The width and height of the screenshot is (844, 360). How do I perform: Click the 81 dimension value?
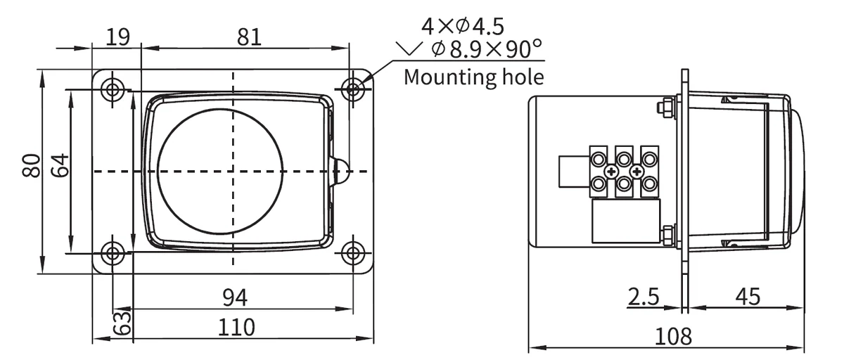pos(249,37)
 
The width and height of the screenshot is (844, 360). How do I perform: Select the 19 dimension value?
pos(117,37)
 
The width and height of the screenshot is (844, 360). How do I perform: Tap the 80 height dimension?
pos(31,166)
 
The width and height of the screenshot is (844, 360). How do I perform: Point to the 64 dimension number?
pos(60,165)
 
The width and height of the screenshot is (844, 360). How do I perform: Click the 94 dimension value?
pos(235,297)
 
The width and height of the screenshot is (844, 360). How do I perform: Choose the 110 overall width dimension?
pos(236,327)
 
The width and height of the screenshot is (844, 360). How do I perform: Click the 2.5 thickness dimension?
pos(644,297)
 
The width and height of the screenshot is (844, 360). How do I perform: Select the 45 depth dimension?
pos(748,297)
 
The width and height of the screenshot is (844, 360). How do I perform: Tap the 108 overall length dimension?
pos(674,336)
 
